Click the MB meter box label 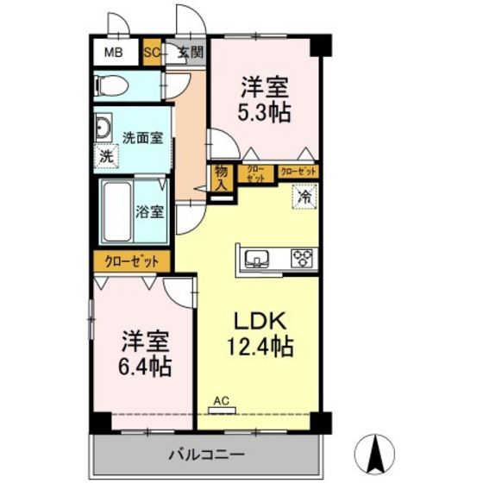click(114, 53)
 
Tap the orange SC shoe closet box click(152, 53)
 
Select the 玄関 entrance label click(189, 53)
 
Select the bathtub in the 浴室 click(116, 210)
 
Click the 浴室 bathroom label click(150, 212)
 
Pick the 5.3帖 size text click(263, 112)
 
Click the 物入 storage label click(222, 178)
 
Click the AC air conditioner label click(222, 400)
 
